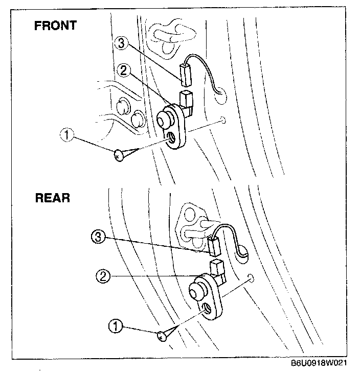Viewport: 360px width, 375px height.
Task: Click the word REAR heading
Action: (x=52, y=197)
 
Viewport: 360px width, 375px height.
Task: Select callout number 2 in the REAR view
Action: (x=103, y=276)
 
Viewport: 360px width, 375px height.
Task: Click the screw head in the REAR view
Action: (x=162, y=335)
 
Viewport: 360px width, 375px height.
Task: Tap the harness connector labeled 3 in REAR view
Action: (x=214, y=246)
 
